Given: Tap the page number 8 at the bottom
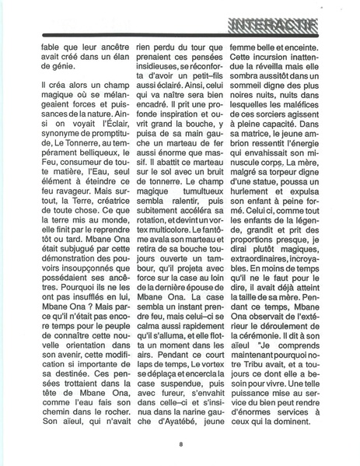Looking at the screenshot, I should pos(180,444).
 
